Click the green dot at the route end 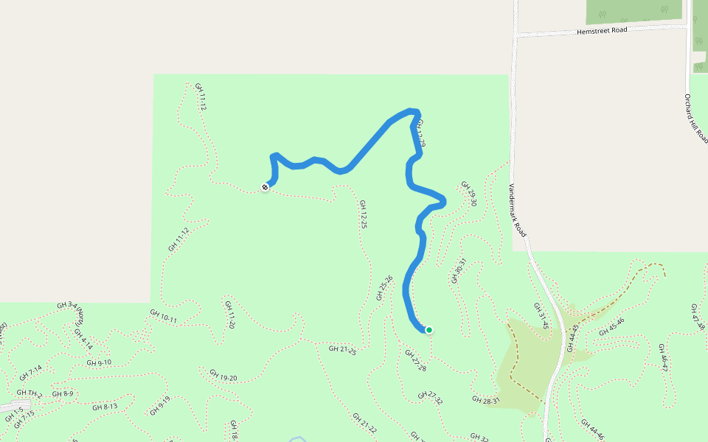(428, 330)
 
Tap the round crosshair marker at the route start (265, 187)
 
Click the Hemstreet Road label (603, 31)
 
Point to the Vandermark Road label (518, 210)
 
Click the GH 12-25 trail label (363, 214)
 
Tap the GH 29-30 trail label (469, 194)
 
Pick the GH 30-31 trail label (459, 270)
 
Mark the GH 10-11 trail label (164, 317)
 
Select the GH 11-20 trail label (231, 315)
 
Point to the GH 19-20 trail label (223, 376)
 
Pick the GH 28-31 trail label (486, 400)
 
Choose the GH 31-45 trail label (541, 315)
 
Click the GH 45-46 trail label (611, 326)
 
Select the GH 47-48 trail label (698, 317)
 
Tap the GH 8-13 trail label (105, 407)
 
